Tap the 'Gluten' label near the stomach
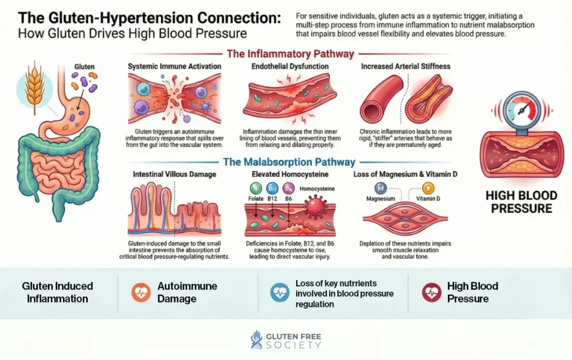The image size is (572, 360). (84, 67)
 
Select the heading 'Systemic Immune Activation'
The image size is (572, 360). (174, 66)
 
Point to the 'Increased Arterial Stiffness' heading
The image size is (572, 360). (405, 66)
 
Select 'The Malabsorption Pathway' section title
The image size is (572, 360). (289, 162)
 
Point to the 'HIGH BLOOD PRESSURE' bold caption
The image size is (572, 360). (521, 202)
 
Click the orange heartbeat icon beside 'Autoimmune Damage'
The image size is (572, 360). (141, 292)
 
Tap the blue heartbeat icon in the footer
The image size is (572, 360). (280, 292)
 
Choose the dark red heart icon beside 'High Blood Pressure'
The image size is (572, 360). (431, 292)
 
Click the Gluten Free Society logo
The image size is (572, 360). (286, 340)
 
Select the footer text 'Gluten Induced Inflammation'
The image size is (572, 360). (58, 292)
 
